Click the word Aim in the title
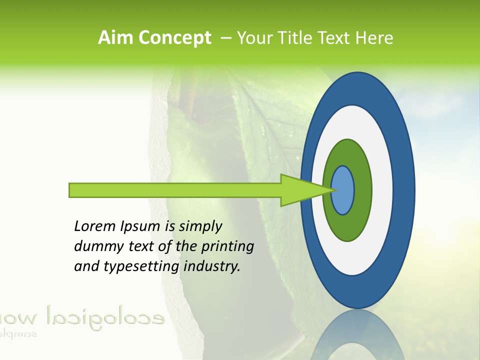pyautogui.click(x=116, y=38)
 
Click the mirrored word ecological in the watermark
pyautogui.click(x=105, y=316)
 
